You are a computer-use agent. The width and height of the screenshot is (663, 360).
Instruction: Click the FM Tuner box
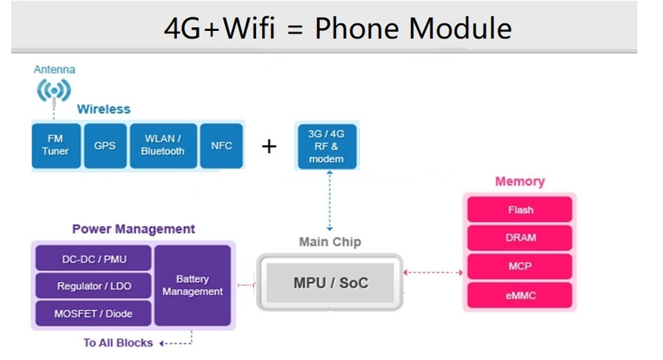55,145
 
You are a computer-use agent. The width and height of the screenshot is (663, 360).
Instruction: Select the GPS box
105,145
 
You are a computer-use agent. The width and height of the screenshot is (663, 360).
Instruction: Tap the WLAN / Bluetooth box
162,145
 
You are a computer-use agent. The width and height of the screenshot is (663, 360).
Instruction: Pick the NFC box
221,145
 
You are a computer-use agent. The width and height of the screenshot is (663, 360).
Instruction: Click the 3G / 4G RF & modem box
326,146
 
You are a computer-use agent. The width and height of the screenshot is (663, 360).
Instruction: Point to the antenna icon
54,91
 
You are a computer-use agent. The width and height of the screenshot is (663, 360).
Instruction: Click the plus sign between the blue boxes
269,146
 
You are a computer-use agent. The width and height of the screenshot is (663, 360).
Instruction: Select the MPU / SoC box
330,283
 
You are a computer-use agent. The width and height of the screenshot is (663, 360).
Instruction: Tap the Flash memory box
520,210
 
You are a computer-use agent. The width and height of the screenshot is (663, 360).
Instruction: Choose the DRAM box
520,238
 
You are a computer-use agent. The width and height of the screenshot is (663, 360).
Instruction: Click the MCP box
520,266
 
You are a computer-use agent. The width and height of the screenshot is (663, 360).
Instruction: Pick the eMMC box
520,295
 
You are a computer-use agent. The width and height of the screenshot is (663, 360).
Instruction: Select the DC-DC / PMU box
94,260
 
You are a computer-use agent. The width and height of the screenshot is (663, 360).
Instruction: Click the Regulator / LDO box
94,287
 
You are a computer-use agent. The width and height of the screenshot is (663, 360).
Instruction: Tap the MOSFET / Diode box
94,313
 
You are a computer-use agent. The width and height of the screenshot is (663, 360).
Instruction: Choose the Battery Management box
193,285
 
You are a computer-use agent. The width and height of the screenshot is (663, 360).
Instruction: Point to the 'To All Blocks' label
118,343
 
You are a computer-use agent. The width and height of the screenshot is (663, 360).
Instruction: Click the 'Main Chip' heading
330,242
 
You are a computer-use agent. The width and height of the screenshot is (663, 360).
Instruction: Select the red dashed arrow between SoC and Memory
433,272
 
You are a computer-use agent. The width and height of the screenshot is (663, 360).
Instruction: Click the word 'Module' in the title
460,28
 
